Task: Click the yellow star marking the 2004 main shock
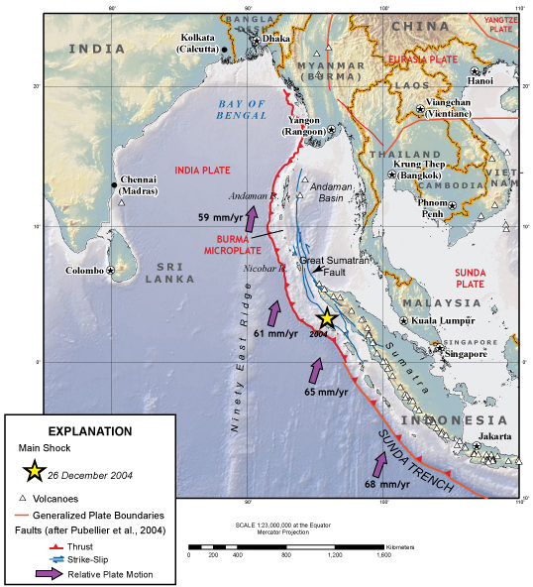pos(326,318)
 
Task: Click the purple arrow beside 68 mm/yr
pos(380,465)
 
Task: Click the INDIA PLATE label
pos(202,170)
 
